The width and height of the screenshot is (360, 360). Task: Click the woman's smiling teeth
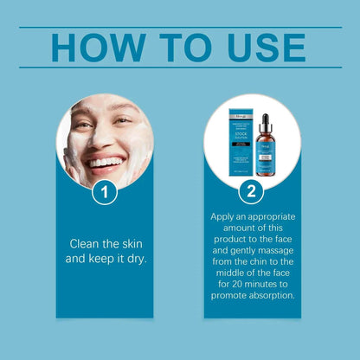105,161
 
